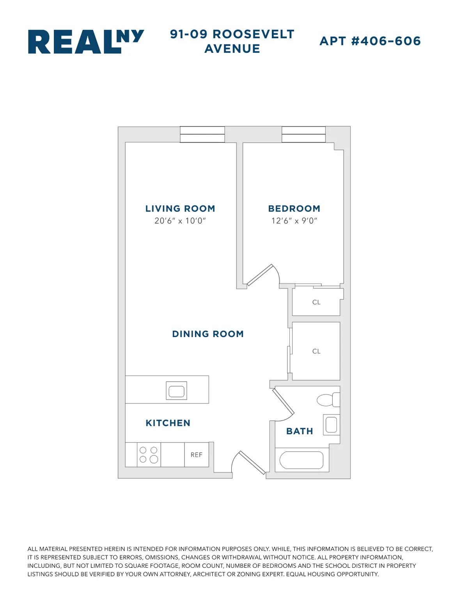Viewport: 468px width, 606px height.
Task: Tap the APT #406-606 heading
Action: click(x=370, y=41)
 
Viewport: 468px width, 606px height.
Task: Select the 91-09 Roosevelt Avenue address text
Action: click(x=232, y=41)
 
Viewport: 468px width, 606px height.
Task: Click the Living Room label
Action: click(x=180, y=209)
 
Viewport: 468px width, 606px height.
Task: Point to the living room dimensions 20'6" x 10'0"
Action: click(x=180, y=221)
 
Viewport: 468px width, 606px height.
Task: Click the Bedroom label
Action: click(x=294, y=209)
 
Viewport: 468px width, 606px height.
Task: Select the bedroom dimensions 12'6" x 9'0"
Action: click(x=294, y=221)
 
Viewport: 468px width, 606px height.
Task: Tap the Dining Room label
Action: click(x=208, y=334)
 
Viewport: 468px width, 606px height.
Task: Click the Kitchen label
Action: click(x=168, y=423)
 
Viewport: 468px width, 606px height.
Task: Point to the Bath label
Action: click(x=300, y=431)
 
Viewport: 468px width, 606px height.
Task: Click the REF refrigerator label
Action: click(x=197, y=455)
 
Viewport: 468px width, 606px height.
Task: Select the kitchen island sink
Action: click(x=176, y=391)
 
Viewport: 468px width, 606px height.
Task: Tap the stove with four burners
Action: click(x=149, y=455)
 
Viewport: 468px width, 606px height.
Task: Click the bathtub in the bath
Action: click(x=301, y=460)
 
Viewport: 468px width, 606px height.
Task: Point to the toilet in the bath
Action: click(x=328, y=400)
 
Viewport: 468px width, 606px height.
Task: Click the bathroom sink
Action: click(x=331, y=425)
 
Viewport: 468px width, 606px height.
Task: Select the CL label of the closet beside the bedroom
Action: click(x=316, y=302)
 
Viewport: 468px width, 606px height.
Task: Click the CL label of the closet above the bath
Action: click(x=316, y=351)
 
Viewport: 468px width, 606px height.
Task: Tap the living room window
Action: click(x=202, y=135)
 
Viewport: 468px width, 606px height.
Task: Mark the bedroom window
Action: click(x=303, y=135)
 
